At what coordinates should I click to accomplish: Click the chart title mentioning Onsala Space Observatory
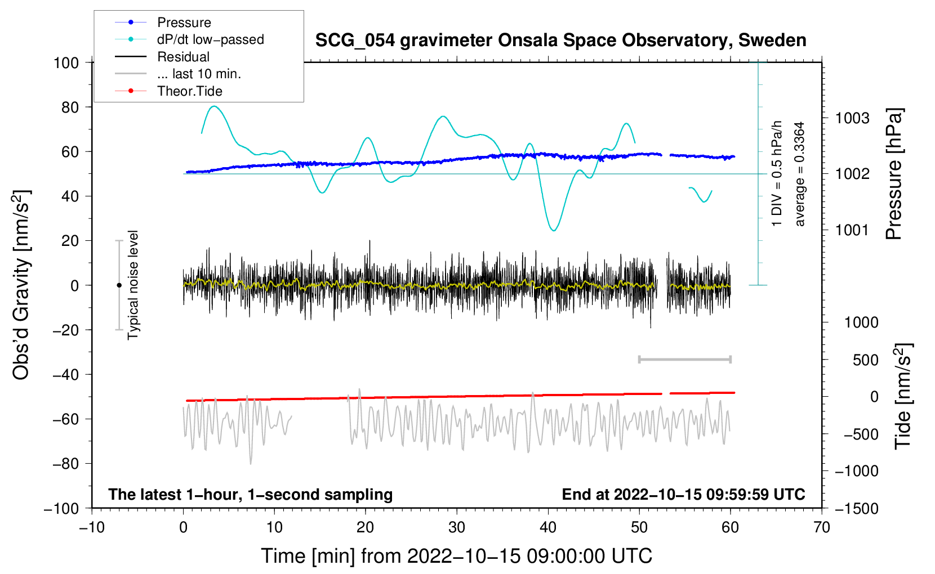click(560, 41)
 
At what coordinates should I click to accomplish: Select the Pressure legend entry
click(184, 23)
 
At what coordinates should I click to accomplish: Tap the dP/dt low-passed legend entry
click(210, 39)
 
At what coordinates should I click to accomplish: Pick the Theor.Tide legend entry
click(189, 91)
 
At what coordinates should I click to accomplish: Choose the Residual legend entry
click(183, 57)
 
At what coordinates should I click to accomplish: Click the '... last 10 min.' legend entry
click(199, 74)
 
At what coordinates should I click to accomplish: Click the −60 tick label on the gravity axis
click(65, 419)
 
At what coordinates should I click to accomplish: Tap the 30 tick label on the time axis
click(457, 527)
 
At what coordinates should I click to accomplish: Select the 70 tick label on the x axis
click(822, 527)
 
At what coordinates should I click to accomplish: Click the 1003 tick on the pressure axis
click(852, 118)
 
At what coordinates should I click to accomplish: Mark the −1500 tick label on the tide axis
click(856, 508)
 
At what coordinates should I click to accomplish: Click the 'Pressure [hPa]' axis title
click(894, 174)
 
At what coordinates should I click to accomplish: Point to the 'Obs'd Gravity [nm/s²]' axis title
click(21, 285)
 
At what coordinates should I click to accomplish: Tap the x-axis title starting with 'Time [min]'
click(457, 556)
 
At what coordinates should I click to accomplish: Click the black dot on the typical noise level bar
click(119, 285)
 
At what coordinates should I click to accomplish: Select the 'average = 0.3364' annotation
click(800, 174)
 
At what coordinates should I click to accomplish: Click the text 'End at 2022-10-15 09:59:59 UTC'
click(683, 494)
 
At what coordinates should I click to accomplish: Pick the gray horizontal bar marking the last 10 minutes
click(684, 359)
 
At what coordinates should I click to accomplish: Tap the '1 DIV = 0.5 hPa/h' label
click(777, 174)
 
